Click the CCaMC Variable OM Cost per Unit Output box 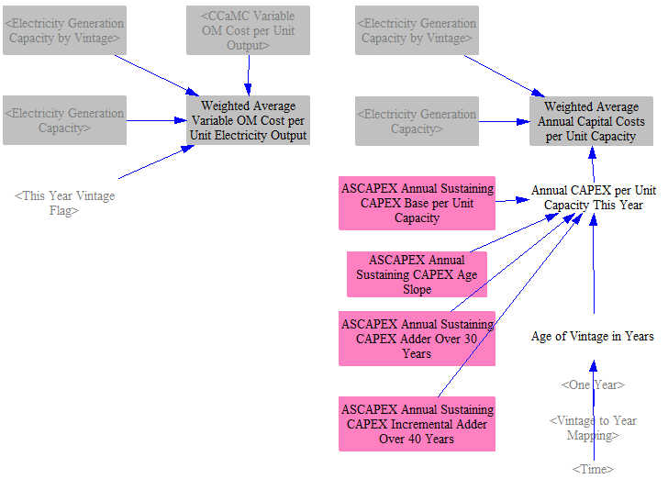248,30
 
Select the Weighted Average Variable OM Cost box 248,120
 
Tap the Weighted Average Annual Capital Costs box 591,121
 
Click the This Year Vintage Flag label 64,203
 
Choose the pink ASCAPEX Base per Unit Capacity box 417,204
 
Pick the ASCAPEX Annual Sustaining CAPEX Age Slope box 417,274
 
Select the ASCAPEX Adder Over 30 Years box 417,339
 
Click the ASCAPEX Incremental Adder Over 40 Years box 417,424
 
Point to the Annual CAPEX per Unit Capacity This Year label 594,197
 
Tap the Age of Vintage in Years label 593,336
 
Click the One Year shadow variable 593,384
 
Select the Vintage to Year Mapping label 593,428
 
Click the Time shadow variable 593,469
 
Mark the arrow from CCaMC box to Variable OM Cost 249,75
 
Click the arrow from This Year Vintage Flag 156,162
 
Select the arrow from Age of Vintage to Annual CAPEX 594,264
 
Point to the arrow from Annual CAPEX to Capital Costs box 593,165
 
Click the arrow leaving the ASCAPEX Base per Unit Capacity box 513,200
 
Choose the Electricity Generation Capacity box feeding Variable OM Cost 64,120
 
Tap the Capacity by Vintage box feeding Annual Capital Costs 417,30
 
